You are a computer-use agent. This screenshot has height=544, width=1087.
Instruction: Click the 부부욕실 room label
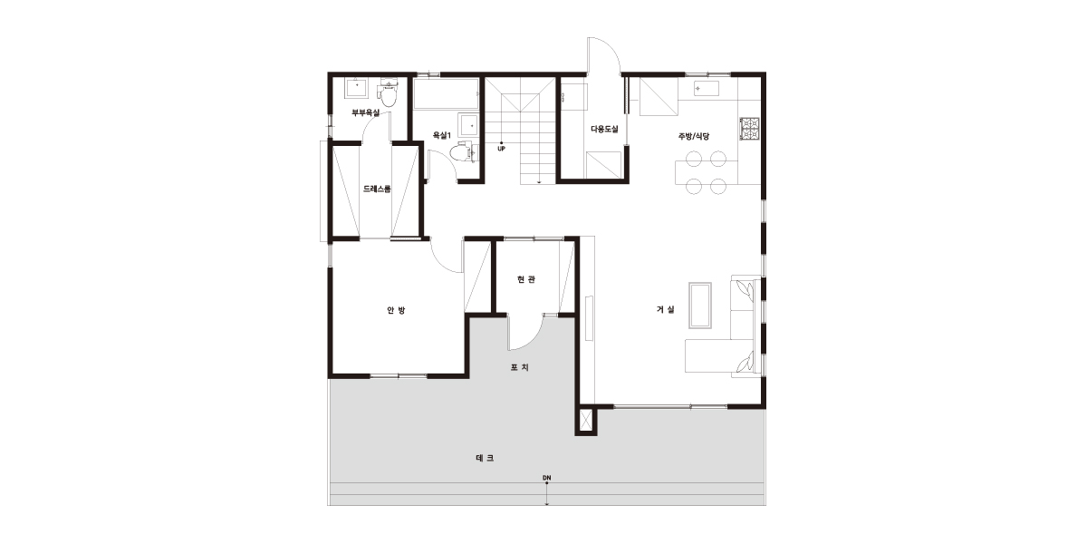click(x=365, y=112)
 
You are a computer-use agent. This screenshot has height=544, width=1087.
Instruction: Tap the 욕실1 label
click(x=442, y=135)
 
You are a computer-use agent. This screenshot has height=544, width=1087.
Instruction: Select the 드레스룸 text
click(x=377, y=189)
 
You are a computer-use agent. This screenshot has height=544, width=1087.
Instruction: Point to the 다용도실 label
click(x=604, y=129)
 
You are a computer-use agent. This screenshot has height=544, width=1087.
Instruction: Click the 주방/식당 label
click(x=694, y=137)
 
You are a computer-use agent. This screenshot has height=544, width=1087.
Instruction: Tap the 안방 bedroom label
click(x=396, y=310)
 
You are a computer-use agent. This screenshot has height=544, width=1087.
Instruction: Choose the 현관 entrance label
click(x=526, y=279)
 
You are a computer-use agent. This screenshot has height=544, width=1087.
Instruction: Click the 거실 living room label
click(x=665, y=309)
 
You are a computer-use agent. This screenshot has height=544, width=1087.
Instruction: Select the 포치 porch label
click(x=519, y=367)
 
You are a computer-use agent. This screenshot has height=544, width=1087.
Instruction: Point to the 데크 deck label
click(x=485, y=458)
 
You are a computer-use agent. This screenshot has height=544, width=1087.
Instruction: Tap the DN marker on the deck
click(x=547, y=478)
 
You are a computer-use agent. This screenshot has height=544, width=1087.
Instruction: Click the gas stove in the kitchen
click(x=750, y=129)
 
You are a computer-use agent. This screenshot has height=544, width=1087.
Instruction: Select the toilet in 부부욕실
click(x=388, y=94)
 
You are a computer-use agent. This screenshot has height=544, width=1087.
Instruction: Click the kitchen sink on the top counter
click(x=706, y=89)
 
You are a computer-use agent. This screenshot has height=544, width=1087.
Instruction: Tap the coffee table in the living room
click(x=699, y=306)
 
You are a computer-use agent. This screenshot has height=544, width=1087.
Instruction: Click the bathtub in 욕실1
click(x=445, y=93)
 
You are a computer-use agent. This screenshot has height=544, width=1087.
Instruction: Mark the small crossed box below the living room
click(x=586, y=421)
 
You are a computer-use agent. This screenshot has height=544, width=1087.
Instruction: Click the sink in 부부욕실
click(x=358, y=89)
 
